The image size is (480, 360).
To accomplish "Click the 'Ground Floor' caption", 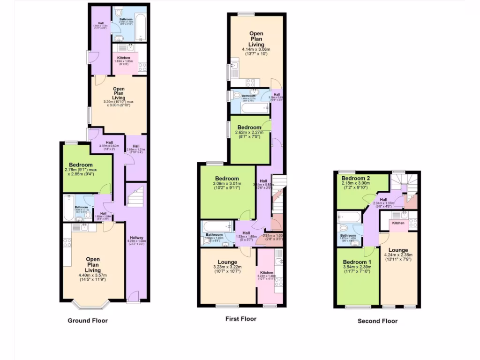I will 88,321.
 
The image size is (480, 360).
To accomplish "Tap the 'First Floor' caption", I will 241,319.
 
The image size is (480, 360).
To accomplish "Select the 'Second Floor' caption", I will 377,321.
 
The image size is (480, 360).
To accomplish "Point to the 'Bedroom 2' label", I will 355,179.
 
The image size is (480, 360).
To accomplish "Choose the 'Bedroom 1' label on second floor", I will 356,262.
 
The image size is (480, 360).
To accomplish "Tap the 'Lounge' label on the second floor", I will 398,250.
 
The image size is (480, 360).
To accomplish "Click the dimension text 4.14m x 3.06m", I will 256,50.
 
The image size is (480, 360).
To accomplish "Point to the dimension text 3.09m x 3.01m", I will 227,184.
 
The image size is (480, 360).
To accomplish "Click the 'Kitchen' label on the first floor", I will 267,272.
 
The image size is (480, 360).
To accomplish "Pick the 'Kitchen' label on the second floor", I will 398,223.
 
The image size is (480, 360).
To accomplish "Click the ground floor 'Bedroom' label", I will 81,165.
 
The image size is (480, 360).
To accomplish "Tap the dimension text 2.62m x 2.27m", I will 249,133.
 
